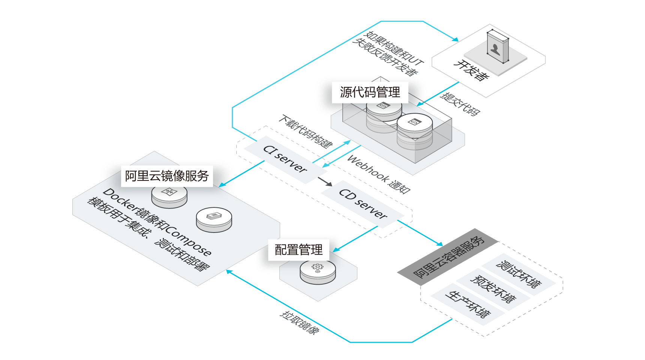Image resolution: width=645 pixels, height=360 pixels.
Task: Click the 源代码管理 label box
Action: coord(370,92)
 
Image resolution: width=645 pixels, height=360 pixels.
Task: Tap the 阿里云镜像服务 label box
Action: coord(167,176)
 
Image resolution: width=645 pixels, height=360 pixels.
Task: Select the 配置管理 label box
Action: coord(298,250)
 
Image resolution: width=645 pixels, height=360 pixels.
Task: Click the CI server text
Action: coord(285,159)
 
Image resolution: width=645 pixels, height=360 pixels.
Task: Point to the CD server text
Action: coord(363,204)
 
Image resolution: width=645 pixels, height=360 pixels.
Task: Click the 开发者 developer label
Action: coord(471,70)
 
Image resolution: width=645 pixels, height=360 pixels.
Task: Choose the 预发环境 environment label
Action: coord(493,289)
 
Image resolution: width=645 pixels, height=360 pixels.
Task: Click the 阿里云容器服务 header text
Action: coord(448,257)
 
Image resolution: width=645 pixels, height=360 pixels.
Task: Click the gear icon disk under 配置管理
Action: coord(318,271)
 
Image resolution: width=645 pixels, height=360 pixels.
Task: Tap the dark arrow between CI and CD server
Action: coord(325,182)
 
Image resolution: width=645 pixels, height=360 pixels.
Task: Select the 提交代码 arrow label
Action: coord(460,104)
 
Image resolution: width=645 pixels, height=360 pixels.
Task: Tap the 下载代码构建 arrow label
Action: coord(305,131)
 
